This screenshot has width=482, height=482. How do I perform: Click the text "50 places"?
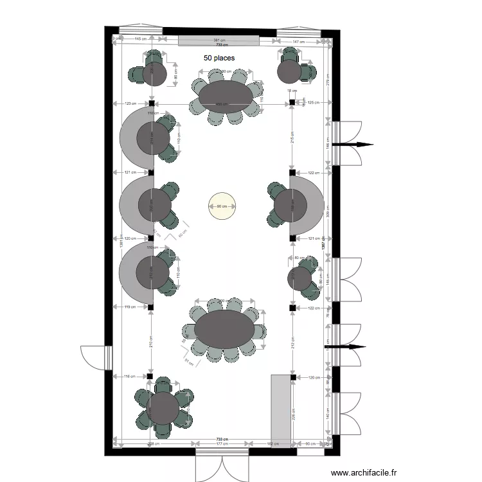coord(219,58)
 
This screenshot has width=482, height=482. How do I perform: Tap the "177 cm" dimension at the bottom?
coord(222,443)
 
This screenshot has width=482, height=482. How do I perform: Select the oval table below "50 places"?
coord(226,96)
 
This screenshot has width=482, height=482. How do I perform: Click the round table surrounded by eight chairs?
coord(163,408)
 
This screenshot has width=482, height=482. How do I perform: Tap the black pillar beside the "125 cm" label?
coord(292,103)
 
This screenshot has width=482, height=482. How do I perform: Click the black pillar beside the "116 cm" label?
coord(150,377)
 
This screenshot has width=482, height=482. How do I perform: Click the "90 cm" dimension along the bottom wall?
coord(310,443)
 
